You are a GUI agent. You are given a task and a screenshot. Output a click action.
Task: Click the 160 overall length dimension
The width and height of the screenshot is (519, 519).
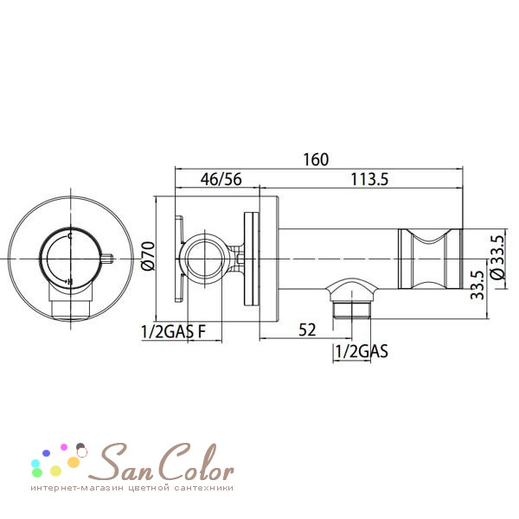pos(316,159)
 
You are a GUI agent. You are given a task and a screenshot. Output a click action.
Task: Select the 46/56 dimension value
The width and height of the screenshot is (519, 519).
pos(221,179)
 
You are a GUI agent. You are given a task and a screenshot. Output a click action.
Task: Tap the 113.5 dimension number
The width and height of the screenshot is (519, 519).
pos(369,179)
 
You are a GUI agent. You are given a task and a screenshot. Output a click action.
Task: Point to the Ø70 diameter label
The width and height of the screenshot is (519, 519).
pos(148,257)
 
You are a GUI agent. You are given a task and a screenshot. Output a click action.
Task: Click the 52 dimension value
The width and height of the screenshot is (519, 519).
pos(307,330)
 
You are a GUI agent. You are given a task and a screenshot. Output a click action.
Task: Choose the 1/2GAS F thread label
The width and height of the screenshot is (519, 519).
pos(174,331)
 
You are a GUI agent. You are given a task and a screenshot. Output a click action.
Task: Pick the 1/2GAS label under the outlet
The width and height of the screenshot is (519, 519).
pos(362,351)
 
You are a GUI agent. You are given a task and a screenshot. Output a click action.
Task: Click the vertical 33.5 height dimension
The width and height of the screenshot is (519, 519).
pos(477,285)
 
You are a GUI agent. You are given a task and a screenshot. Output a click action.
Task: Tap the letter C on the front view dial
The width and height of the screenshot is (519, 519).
pos(69,236)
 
